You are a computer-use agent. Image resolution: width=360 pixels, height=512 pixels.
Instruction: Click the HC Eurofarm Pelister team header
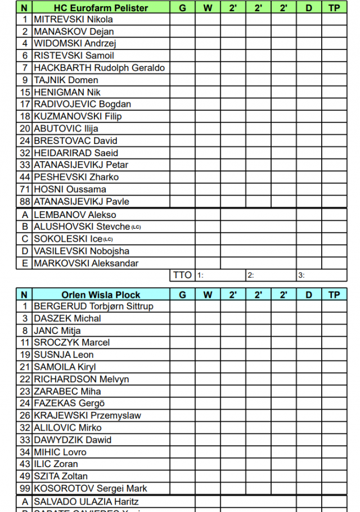point(101,8)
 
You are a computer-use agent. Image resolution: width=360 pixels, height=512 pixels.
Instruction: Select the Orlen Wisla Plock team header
point(101,294)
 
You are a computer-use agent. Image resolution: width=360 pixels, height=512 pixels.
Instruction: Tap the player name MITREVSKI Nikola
point(73,19)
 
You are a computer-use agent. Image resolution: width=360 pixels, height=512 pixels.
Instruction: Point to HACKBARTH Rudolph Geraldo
point(99,68)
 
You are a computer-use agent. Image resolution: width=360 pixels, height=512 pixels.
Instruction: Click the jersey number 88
point(25,201)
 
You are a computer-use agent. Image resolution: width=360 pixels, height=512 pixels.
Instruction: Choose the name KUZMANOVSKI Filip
point(78,116)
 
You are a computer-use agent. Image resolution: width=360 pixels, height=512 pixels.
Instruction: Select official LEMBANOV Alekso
point(75,215)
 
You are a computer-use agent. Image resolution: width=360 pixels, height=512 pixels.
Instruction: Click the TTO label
point(182,275)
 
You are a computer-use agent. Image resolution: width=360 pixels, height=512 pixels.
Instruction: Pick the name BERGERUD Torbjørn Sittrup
point(93,306)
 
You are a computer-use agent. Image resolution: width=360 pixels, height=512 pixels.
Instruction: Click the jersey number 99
point(25,488)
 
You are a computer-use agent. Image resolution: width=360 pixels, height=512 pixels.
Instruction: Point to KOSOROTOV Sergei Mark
point(90,488)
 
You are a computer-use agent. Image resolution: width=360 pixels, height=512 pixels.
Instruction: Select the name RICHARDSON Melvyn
point(81,379)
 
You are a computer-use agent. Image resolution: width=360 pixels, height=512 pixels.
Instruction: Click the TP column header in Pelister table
point(334,8)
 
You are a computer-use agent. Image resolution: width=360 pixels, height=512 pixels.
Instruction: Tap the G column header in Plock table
point(182,294)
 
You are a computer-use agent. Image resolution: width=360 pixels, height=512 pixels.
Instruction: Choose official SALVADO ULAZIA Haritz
point(86,501)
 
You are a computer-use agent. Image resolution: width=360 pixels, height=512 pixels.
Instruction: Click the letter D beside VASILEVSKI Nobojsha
point(25,251)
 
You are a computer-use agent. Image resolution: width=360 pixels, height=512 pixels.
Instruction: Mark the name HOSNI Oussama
point(70,189)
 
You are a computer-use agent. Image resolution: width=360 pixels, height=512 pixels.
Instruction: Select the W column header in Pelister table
point(208,8)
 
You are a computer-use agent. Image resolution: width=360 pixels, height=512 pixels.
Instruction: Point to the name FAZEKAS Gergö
point(69,404)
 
